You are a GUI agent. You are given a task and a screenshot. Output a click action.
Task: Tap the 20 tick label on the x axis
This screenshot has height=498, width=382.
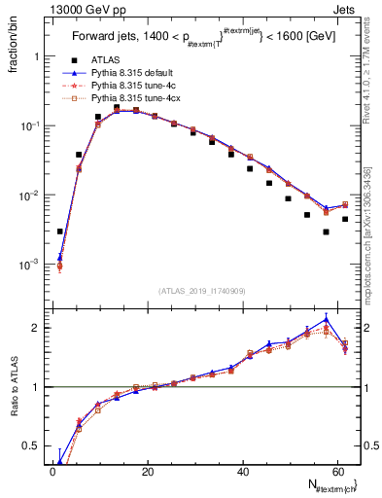[x=147, y=473]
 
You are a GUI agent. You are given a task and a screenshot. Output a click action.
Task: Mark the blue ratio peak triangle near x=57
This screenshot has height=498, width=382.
[x=327, y=319]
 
